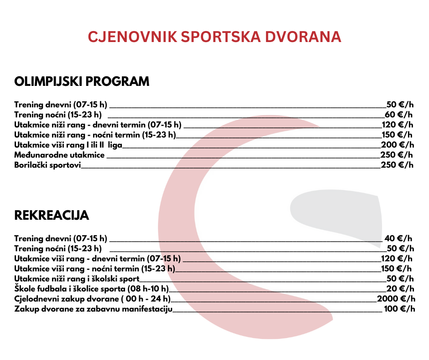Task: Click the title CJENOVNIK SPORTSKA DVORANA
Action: (x=214, y=37)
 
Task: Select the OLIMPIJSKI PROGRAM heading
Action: (x=82, y=82)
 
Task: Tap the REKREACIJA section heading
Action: (x=52, y=216)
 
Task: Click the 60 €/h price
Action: (x=399, y=114)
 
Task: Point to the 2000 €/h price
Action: (x=396, y=299)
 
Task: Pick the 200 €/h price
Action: (x=397, y=145)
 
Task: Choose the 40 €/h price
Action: (x=398, y=238)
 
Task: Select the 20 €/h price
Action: (x=400, y=289)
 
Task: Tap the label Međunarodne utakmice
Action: (x=59, y=155)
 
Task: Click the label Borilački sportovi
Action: (x=47, y=165)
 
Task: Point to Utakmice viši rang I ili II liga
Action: (x=68, y=145)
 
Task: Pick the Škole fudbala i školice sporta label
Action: (x=91, y=289)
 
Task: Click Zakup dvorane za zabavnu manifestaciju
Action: (x=93, y=309)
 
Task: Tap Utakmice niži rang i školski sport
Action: (x=77, y=279)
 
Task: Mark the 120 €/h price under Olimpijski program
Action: (x=398, y=124)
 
